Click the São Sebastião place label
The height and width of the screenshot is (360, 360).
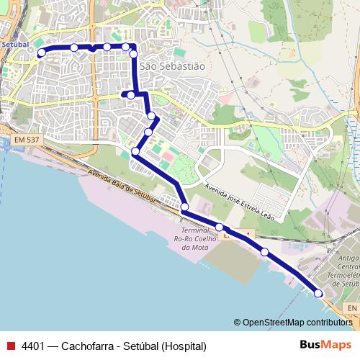coord(172,66)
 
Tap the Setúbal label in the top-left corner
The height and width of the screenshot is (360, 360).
coord(15,45)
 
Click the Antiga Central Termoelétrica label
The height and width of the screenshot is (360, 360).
coord(349,271)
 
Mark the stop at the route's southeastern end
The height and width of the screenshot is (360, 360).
coord(318,292)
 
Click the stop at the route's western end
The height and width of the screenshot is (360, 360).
coord(41,52)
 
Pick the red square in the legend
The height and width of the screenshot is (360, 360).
coord(10,346)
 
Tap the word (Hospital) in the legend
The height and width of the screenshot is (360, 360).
coord(184,346)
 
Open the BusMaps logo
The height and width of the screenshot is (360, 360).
coord(326,344)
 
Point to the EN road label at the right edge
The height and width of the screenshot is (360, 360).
coord(351,308)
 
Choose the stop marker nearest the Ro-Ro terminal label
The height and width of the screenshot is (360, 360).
coord(184,207)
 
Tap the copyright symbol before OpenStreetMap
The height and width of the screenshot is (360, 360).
coord(237,322)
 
